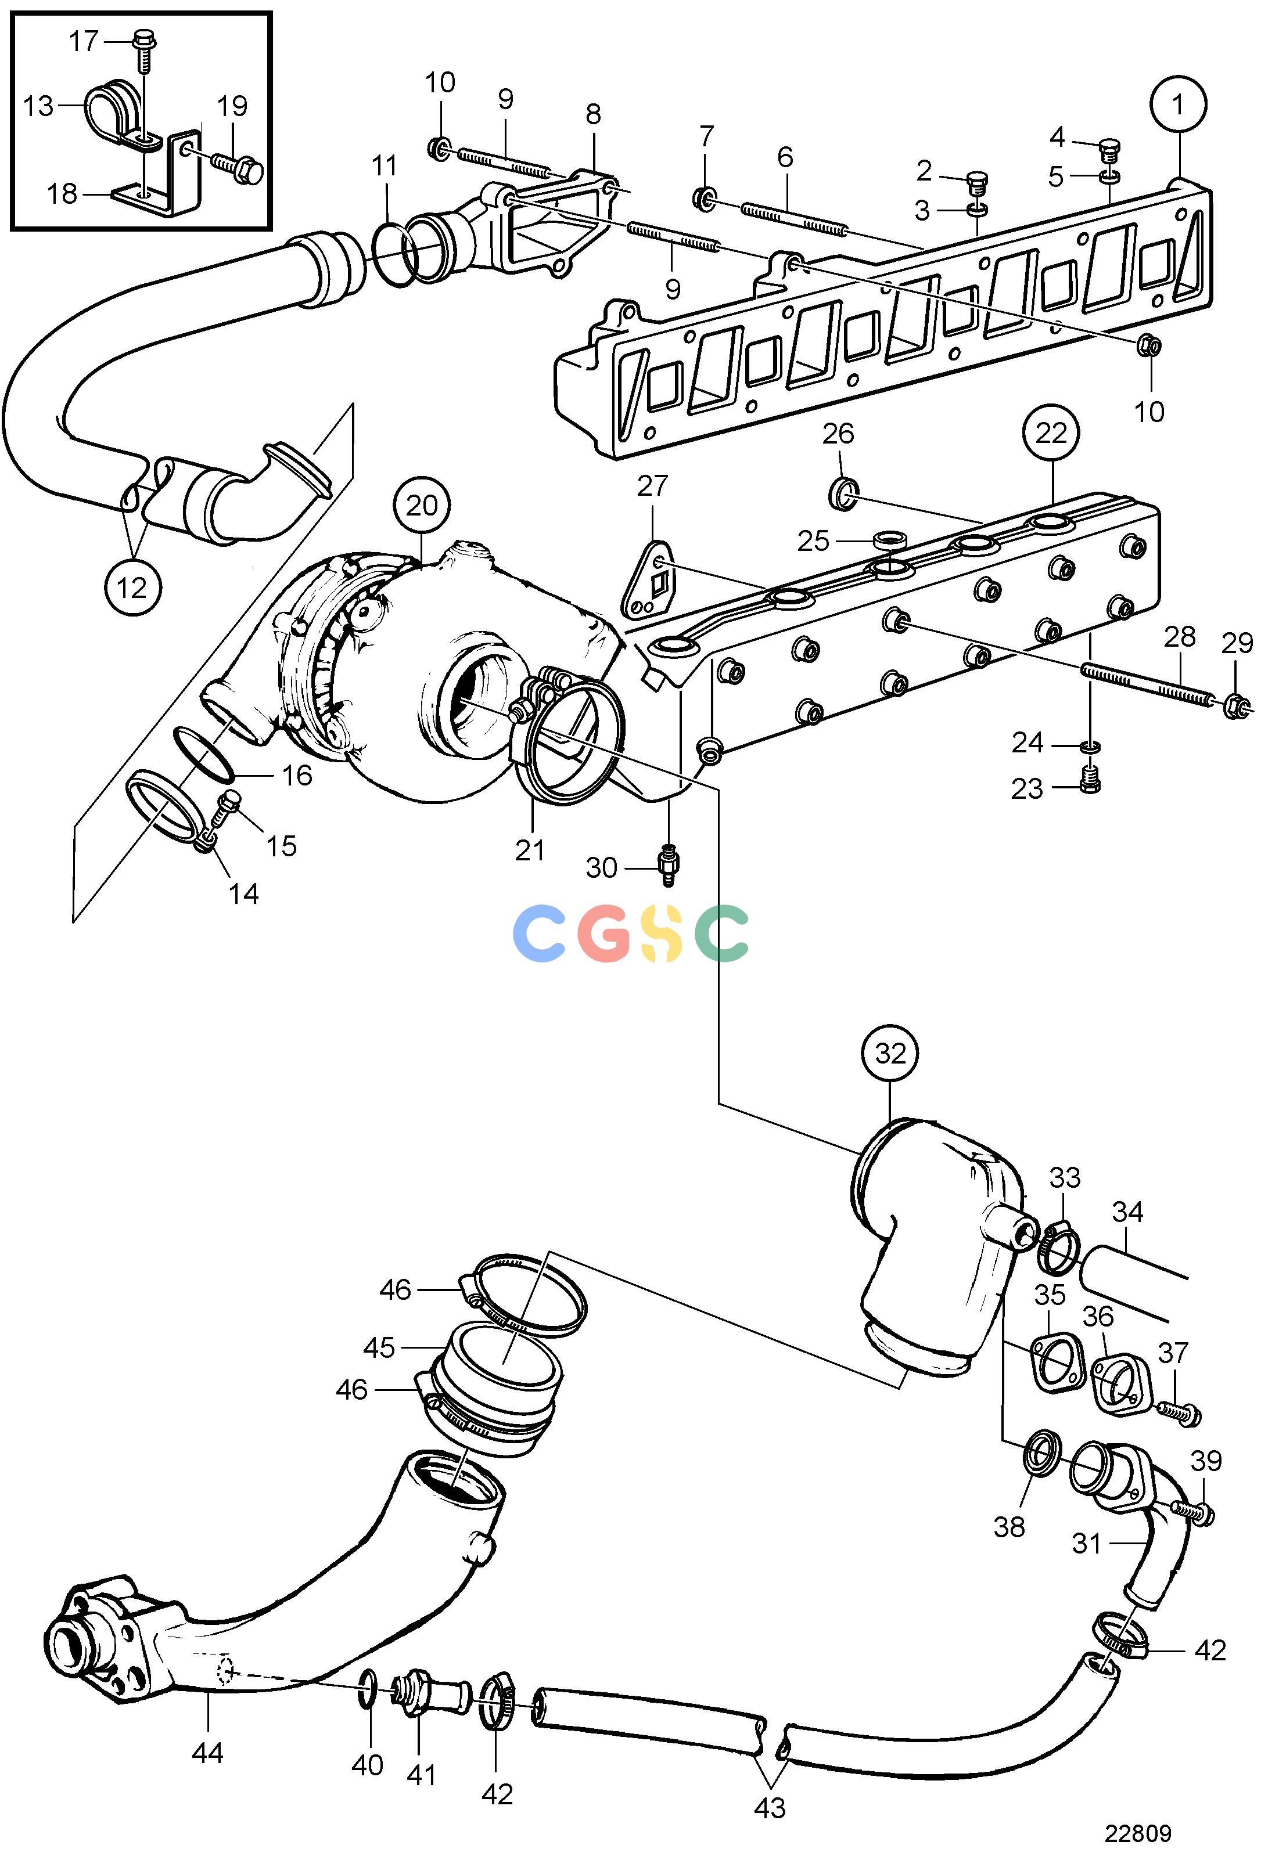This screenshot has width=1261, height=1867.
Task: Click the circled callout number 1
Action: [1177, 104]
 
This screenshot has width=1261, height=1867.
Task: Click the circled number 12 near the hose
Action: [132, 588]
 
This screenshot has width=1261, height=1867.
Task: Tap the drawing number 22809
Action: [1137, 1834]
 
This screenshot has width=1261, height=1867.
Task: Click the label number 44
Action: [207, 1751]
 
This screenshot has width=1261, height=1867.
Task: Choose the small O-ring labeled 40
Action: [367, 1681]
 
